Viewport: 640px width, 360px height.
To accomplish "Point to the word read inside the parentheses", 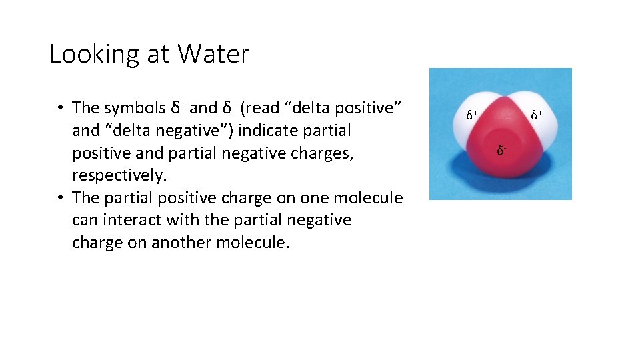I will [x=265, y=107].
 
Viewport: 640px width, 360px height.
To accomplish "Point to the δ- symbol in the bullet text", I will [x=228, y=107].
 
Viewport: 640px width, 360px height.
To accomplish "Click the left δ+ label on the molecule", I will [x=471, y=115].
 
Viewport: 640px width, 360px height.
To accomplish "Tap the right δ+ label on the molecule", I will [x=537, y=115].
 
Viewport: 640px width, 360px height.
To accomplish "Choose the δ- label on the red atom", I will [x=501, y=151].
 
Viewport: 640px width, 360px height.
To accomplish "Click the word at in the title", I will [x=157, y=55].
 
